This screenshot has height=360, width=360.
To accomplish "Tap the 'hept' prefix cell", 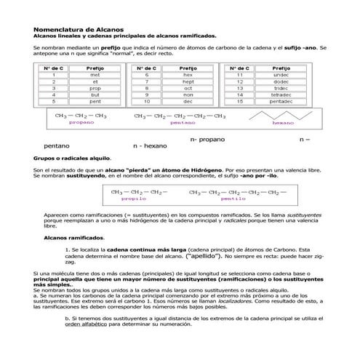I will (x=188, y=81).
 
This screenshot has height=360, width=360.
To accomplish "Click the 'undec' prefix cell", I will (x=281, y=75).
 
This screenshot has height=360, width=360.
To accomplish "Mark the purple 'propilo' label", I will (x=134, y=198).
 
